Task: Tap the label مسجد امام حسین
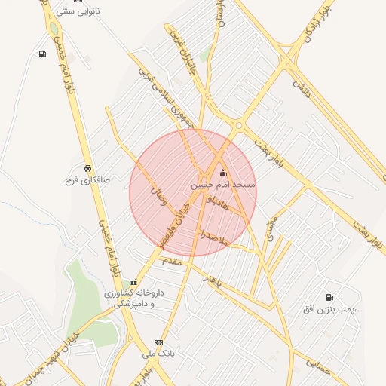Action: click(x=223, y=185)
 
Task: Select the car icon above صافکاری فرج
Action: click(x=88, y=168)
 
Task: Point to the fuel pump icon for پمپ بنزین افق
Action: click(x=329, y=297)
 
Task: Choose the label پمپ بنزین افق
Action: click(x=329, y=310)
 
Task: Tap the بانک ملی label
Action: click(x=158, y=353)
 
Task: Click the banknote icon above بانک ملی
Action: click(x=158, y=342)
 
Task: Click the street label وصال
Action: click(x=159, y=198)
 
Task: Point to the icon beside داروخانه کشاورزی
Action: click(x=134, y=283)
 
